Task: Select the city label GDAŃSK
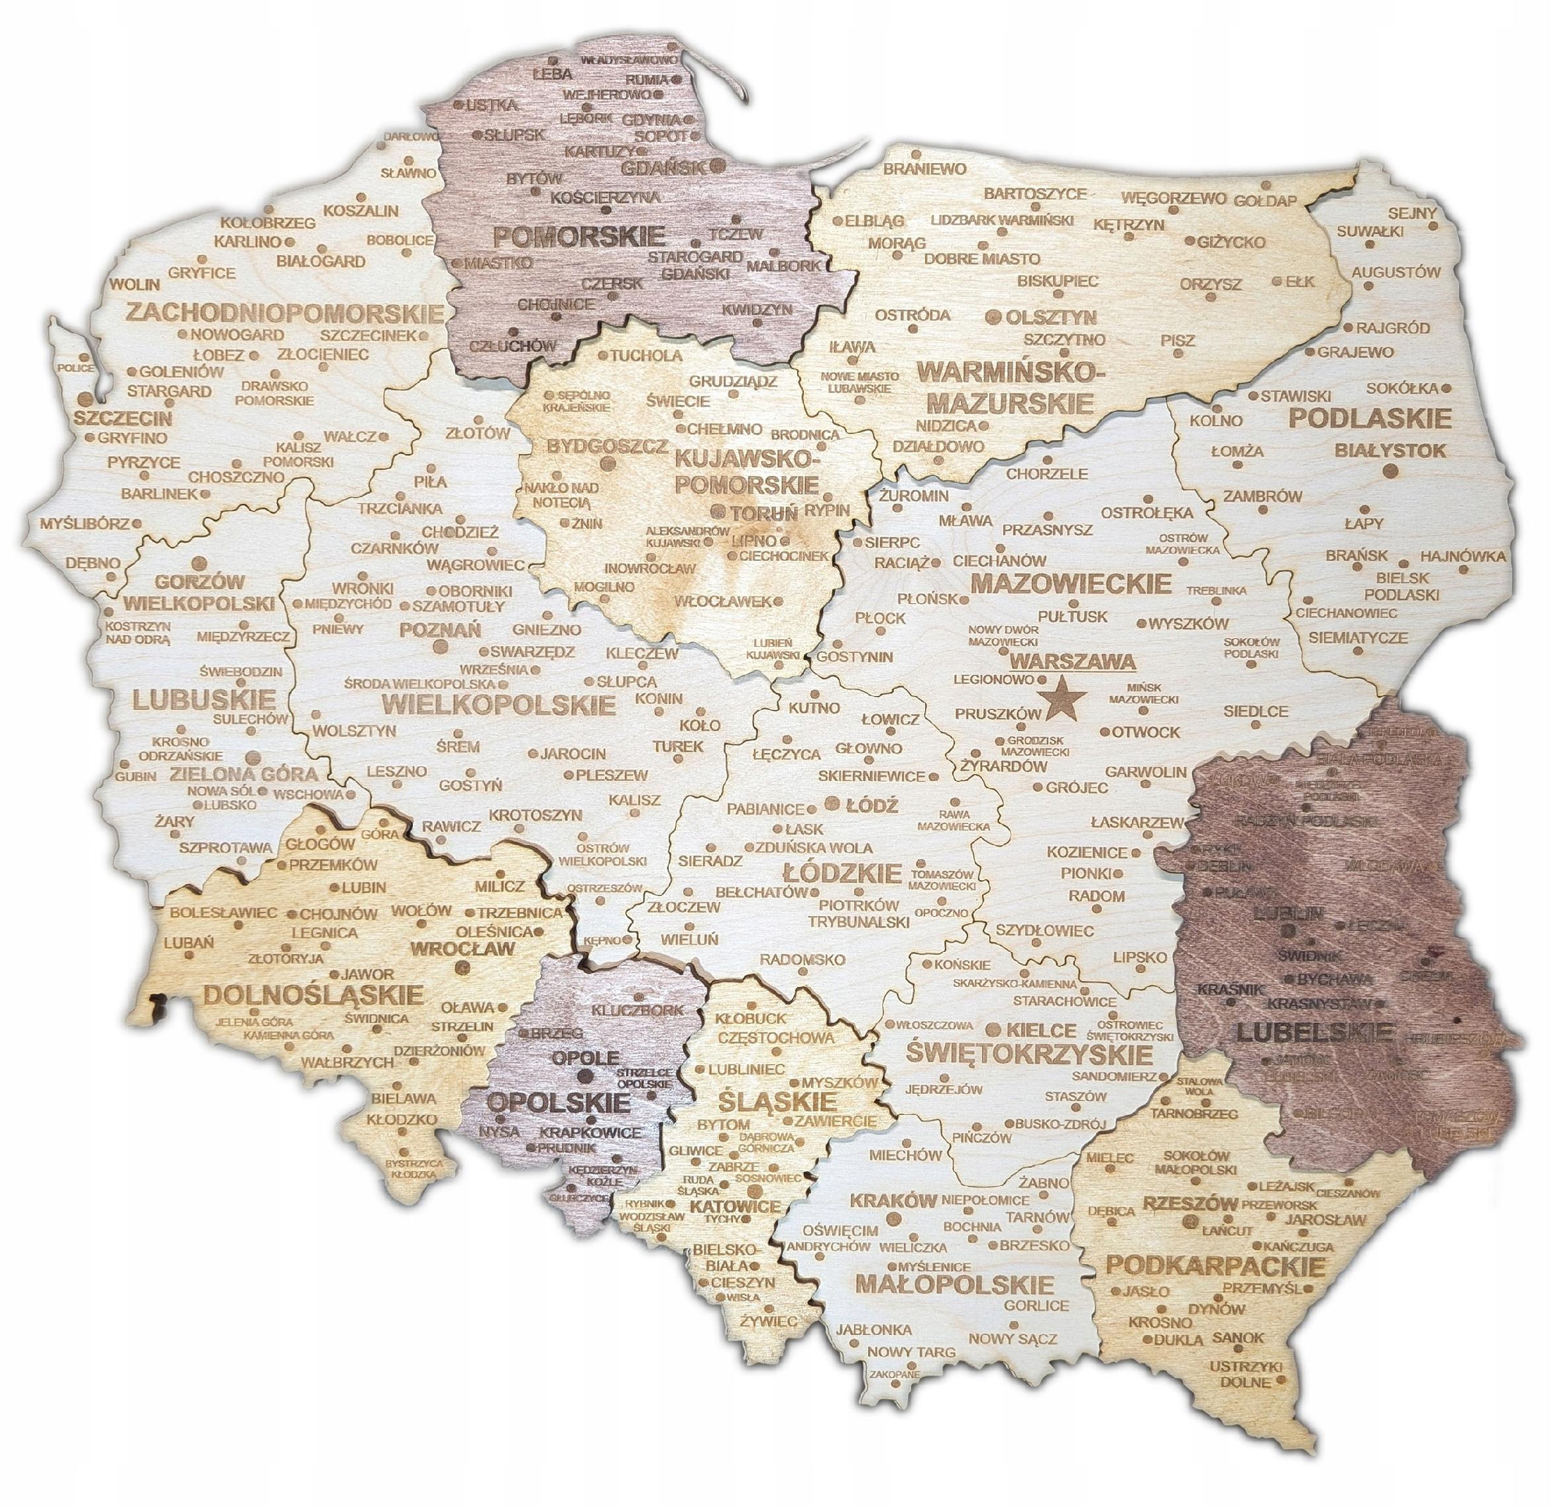(x=663, y=168)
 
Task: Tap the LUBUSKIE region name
(x=204, y=699)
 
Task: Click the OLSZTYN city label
(x=1051, y=318)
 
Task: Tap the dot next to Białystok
(x=1390, y=472)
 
